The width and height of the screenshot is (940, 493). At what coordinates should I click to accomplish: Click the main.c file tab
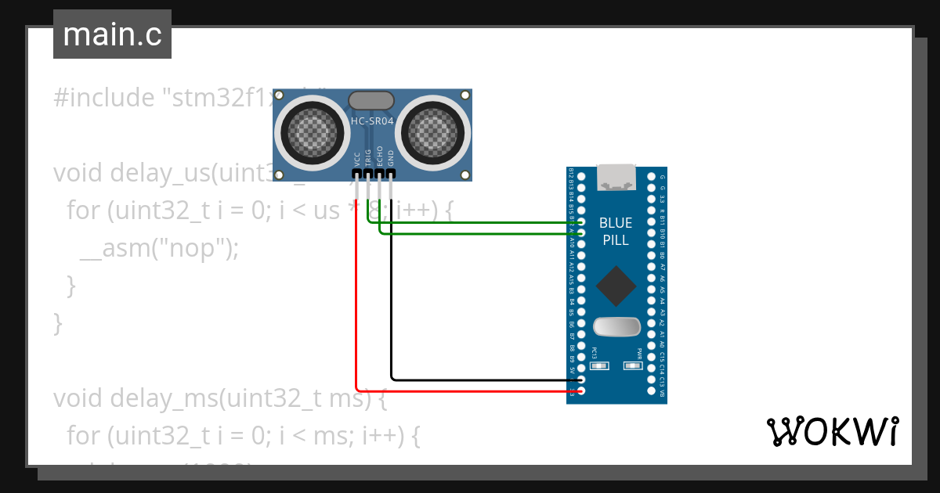(x=112, y=34)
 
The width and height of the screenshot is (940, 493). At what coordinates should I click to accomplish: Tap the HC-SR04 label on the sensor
(x=372, y=121)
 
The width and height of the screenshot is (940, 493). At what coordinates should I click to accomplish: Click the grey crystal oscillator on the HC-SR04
(x=371, y=100)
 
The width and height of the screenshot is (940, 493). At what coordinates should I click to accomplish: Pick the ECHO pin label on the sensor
(x=380, y=155)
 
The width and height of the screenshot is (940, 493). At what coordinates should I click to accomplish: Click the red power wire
(x=356, y=313)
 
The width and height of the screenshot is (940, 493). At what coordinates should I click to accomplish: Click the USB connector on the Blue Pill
(x=616, y=178)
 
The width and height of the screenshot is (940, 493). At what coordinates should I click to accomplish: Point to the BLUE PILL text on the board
(x=616, y=232)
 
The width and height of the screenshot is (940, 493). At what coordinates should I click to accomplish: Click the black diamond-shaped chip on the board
(x=616, y=286)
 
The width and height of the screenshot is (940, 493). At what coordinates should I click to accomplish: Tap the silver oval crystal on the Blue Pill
(x=616, y=326)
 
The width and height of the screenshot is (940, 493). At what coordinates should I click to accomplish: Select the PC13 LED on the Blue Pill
(x=599, y=365)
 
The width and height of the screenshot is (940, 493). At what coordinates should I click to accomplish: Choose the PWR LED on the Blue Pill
(x=632, y=365)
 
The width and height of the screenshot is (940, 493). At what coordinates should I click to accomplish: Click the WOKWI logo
(x=831, y=431)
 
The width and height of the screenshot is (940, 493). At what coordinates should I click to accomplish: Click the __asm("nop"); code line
(x=158, y=248)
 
